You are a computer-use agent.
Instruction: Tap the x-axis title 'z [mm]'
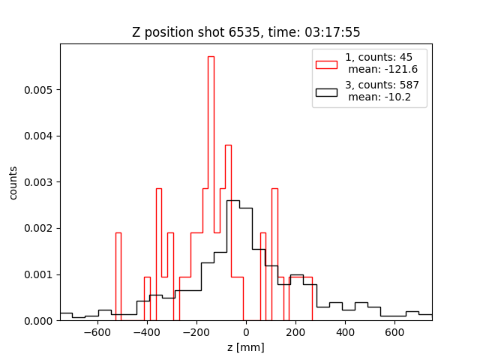pos(246,347)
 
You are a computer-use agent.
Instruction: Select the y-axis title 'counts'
pos(13,182)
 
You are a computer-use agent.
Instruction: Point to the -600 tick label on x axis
pos(96,332)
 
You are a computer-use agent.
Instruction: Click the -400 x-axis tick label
pos(145,332)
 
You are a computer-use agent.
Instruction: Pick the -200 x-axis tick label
pos(195,332)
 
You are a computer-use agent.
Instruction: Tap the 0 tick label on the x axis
pos(246,332)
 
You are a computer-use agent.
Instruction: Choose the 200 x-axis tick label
pos(295,332)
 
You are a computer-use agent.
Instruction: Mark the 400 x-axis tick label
pos(345,332)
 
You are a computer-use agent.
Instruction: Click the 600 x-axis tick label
pos(394,332)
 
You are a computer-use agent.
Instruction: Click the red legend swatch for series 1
pos(326,63)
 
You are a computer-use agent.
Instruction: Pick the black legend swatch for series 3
pos(326,92)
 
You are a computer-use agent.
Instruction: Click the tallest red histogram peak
pos(211,57)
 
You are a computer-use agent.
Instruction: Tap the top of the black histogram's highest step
pos(233,201)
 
